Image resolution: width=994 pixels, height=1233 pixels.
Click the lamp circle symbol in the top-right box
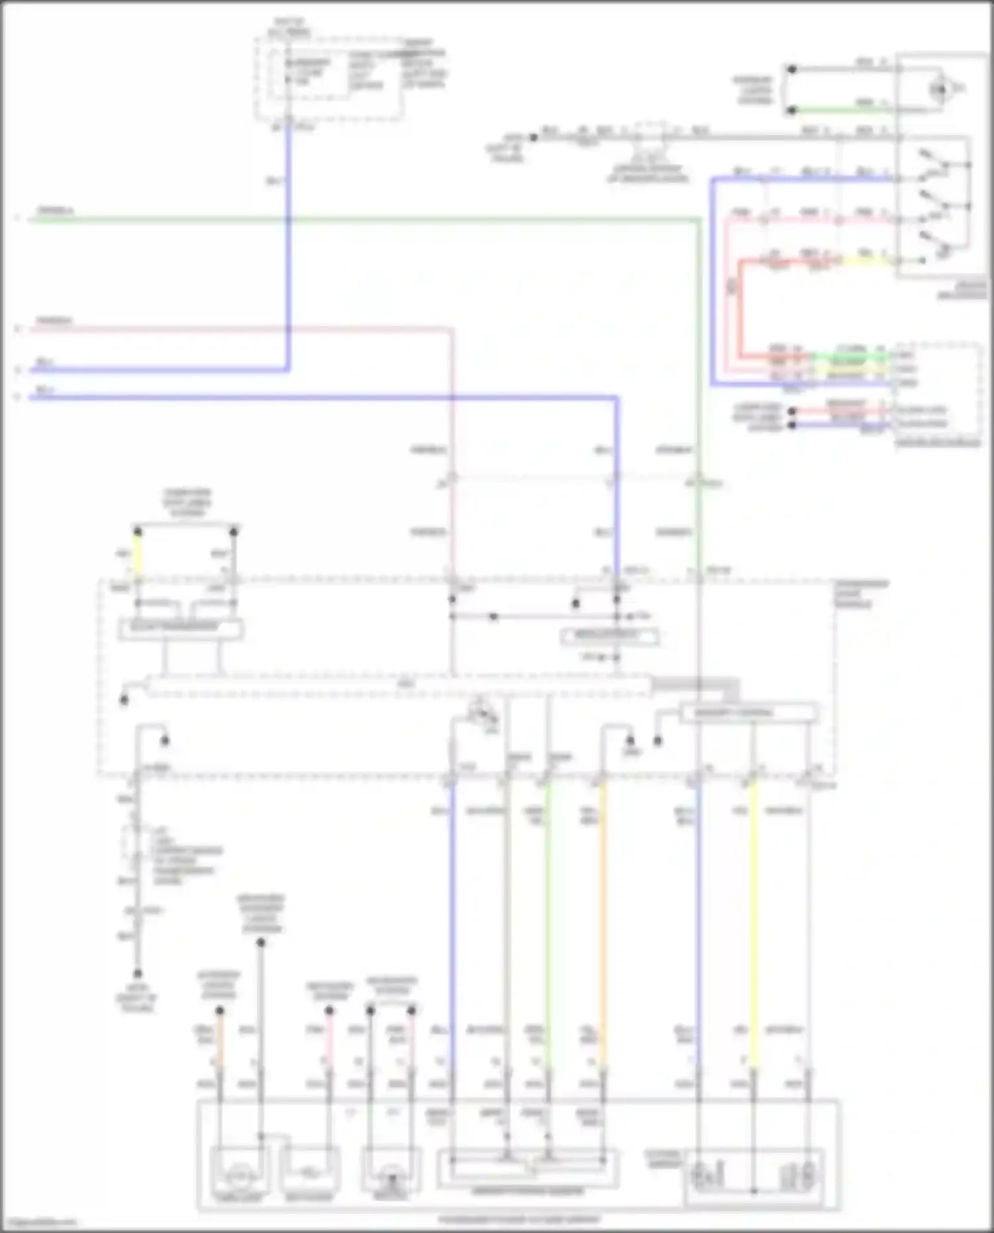(940, 89)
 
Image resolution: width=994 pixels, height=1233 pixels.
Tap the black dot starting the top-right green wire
(791, 110)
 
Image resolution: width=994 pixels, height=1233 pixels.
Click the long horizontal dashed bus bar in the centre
(398, 685)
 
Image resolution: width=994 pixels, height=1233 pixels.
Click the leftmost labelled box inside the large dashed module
(180, 628)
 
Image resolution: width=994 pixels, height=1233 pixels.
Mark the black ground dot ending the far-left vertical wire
(138, 973)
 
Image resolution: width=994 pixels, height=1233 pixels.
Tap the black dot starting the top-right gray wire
(791, 69)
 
